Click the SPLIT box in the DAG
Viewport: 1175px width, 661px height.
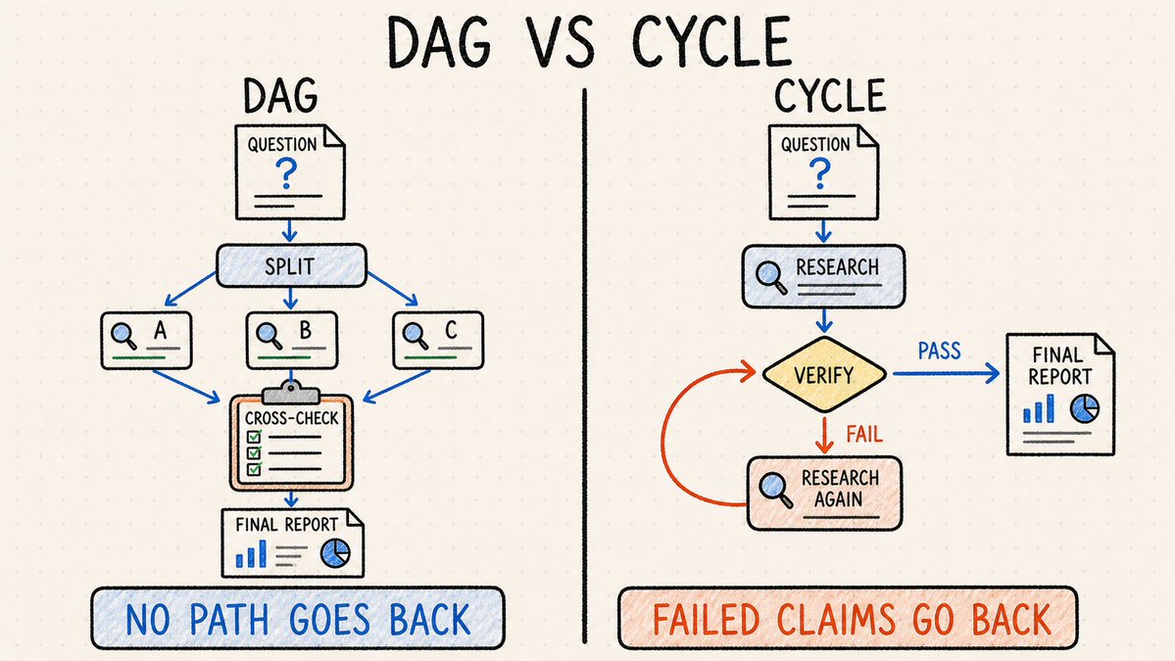(291, 265)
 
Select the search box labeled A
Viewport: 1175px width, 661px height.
(146, 341)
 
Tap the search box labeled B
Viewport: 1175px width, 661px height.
(291, 341)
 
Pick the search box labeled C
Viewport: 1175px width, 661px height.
(438, 341)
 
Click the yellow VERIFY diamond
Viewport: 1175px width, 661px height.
(824, 374)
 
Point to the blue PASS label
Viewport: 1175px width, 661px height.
(939, 351)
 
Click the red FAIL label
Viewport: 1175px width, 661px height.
(864, 434)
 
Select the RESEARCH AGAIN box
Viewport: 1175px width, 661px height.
(824, 495)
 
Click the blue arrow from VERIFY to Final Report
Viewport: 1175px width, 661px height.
(946, 373)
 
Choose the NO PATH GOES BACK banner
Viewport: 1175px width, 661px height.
(298, 618)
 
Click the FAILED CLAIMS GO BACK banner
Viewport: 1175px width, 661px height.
(848, 618)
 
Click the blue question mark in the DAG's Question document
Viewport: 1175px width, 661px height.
(285, 174)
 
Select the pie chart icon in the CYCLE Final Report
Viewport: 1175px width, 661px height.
(1084, 408)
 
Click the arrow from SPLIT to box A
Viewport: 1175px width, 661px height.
(189, 289)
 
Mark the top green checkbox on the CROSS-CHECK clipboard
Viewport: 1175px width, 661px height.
(253, 437)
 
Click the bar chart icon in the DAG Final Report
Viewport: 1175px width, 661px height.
(251, 554)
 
